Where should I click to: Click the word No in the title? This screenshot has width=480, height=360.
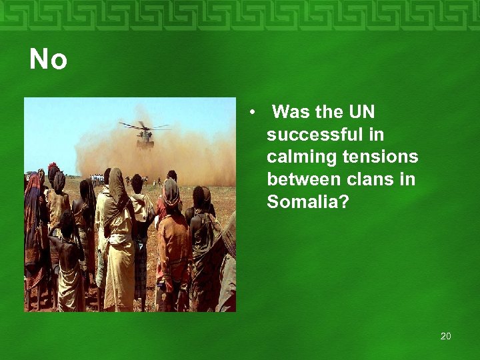click(x=48, y=61)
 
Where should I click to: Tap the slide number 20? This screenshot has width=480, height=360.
click(x=445, y=336)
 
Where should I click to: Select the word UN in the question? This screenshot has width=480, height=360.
click(x=361, y=112)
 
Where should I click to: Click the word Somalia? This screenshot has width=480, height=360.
click(x=307, y=202)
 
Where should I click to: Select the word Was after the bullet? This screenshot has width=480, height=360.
click(x=291, y=112)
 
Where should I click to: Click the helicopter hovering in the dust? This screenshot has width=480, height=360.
click(x=145, y=138)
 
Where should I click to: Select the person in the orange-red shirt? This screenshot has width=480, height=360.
click(x=174, y=247)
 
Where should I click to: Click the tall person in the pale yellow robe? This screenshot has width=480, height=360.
click(x=118, y=240)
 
